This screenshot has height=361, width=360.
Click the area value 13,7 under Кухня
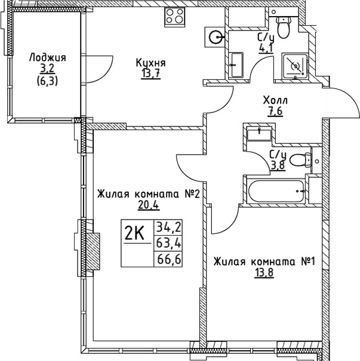(150, 73)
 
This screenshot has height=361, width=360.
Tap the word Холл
(275, 101)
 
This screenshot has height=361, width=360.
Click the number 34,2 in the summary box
(168, 227)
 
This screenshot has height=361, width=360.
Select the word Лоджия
(47, 58)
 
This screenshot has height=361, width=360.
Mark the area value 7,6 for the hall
(275, 112)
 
